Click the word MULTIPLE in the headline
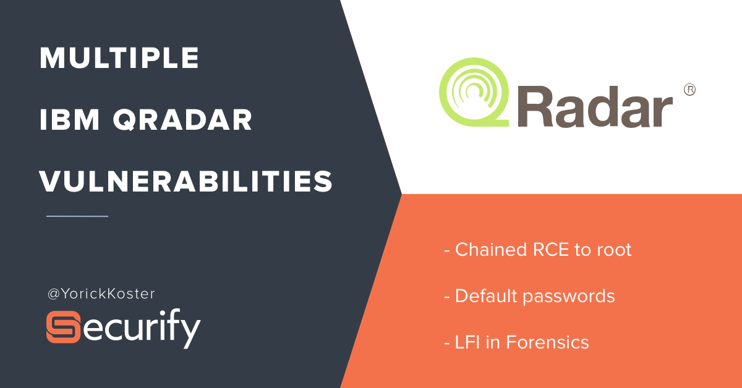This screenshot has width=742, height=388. pos(119,58)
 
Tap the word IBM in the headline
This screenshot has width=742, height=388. pos(69,119)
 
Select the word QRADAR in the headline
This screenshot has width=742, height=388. pos(182,119)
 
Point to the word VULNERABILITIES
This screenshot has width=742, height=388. pos(186,181)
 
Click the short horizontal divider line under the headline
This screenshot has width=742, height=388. pos(77,216)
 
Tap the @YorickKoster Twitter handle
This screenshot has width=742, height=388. pos(101,293)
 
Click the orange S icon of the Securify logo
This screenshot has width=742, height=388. pos(63,327)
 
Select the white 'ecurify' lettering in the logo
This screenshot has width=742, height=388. pos(141,329)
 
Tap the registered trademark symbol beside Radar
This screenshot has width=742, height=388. pos(689,90)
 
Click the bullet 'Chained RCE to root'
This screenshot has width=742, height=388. pos(537,250)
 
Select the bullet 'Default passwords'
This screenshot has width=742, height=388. pos(529,296)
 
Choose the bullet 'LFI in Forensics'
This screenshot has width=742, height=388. pos(516,342)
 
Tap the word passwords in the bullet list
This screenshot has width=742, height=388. pos(569,297)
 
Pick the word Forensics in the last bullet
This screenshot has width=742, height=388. pos(548,342)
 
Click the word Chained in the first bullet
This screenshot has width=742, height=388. pos(491,250)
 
